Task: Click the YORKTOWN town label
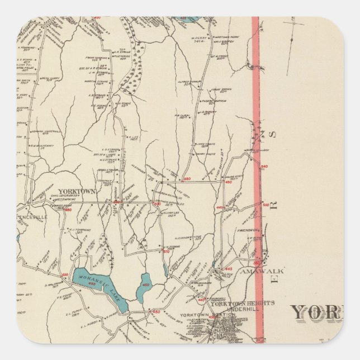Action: click(77, 191)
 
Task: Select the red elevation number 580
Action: click(187, 179)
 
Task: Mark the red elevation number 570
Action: click(165, 252)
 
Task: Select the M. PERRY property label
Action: click(197, 37)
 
